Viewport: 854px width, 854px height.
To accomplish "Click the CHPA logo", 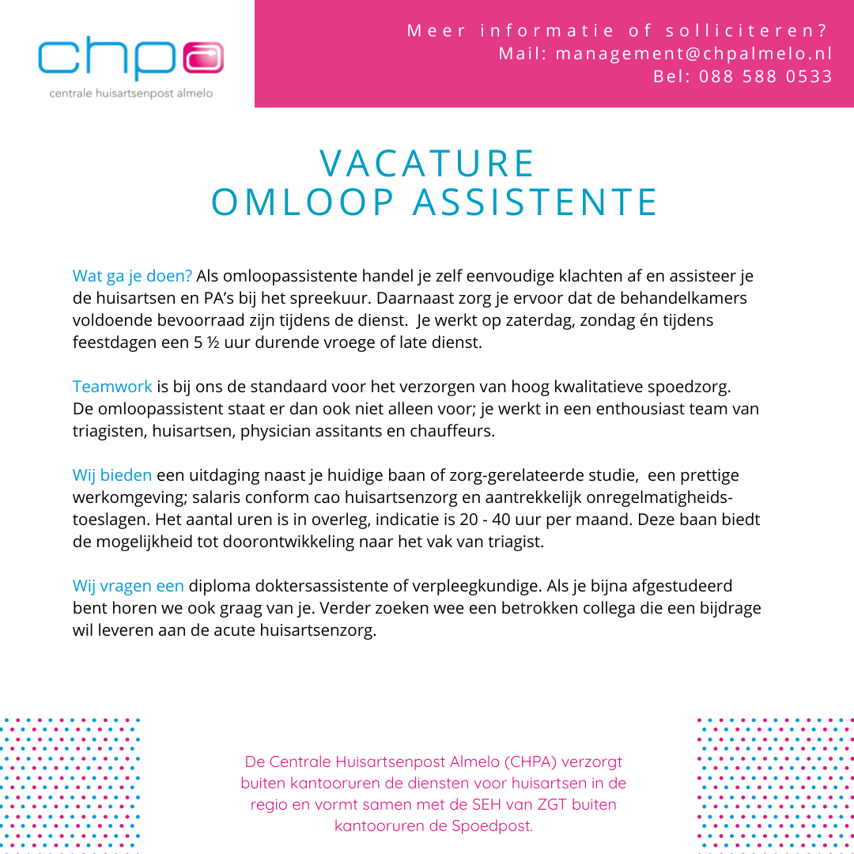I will point(130,59).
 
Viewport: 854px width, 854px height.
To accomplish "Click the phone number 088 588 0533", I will point(765,77).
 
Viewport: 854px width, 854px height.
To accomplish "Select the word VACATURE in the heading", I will point(428,164).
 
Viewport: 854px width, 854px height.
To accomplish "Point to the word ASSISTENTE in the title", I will point(536,202).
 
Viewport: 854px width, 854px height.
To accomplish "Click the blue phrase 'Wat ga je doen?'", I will point(132,276).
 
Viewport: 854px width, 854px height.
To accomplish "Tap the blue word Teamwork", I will point(112,387).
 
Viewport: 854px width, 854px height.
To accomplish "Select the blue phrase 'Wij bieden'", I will point(112,475).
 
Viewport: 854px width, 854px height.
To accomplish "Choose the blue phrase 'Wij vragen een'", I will point(128,586).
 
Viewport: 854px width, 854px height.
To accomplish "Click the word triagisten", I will point(107,432).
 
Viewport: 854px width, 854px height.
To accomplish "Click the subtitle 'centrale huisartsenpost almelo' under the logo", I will point(131,93).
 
